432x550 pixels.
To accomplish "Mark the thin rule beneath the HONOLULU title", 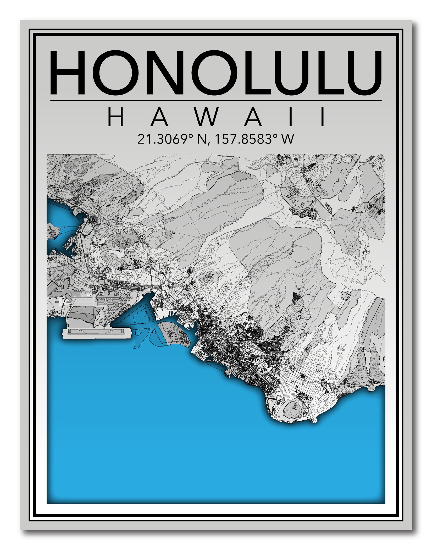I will tap(216, 100).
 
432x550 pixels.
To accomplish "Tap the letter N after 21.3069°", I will tap(202, 139).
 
